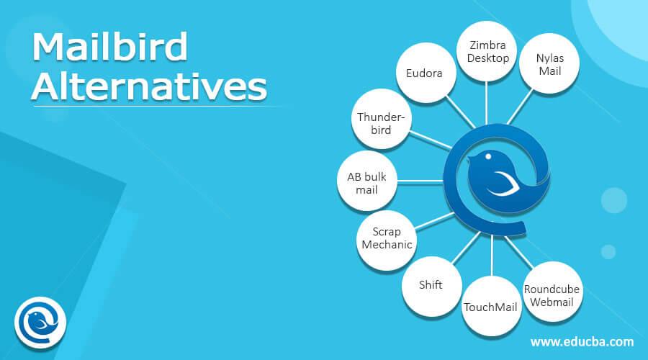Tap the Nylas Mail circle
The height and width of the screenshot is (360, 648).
click(544, 63)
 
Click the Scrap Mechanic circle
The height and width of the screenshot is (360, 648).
click(387, 238)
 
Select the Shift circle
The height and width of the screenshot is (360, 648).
click(431, 284)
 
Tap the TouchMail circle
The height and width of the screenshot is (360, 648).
click(491, 307)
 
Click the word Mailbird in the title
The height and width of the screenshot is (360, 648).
click(110, 48)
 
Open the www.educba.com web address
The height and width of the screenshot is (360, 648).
click(582, 341)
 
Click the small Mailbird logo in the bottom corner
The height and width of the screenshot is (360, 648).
click(40, 320)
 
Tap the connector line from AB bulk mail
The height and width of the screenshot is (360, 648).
click(414, 181)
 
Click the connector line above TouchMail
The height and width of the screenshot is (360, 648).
click(491, 256)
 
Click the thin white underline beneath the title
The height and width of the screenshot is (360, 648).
click(144, 107)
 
